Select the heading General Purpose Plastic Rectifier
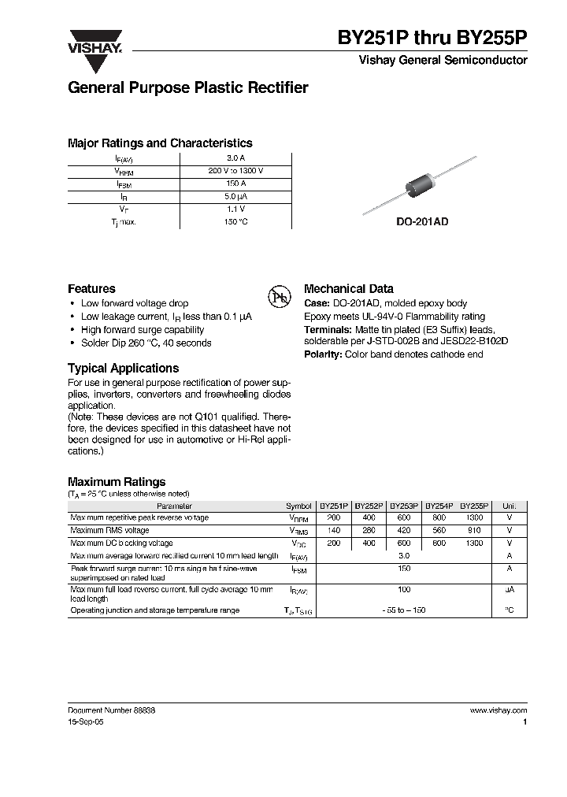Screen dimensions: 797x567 (x=187, y=88)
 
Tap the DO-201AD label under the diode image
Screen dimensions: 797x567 (x=422, y=222)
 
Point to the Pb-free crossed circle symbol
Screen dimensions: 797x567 (x=280, y=297)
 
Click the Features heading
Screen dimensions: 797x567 (x=91, y=289)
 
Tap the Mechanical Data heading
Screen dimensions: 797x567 (x=348, y=289)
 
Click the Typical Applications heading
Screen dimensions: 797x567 (x=123, y=369)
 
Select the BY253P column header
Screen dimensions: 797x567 (x=403, y=506)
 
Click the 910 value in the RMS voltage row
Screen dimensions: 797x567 (x=474, y=531)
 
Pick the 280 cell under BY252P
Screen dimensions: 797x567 (x=369, y=531)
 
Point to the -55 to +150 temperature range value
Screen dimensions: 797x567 (x=403, y=610)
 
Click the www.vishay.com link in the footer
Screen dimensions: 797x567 (x=498, y=710)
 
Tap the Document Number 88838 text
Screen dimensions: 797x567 (x=111, y=710)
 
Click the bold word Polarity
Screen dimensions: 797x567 (x=322, y=355)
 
